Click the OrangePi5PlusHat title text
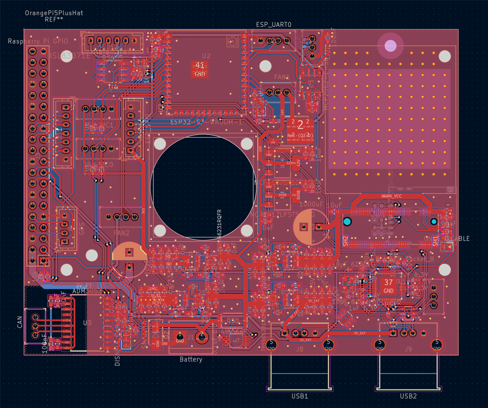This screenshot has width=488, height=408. [54, 13]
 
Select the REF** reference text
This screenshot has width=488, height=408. [54, 20]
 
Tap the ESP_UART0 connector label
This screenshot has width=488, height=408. [274, 25]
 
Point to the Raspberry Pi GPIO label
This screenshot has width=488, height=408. [38, 41]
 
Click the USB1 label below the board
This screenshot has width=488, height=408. [300, 396]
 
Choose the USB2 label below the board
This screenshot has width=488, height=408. [408, 396]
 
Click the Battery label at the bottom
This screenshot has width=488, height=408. [191, 359]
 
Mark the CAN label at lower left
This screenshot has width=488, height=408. [20, 322]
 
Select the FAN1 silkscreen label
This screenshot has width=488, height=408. [282, 77]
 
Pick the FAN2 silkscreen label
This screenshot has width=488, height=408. [121, 233]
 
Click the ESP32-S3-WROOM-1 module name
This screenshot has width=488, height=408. [206, 122]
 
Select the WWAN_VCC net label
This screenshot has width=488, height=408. [391, 196]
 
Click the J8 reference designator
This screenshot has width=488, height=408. [300, 349]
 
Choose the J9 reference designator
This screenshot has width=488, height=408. [408, 349]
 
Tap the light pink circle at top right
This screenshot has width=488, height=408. [390, 46]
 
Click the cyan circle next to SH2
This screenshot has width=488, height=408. [347, 221]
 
